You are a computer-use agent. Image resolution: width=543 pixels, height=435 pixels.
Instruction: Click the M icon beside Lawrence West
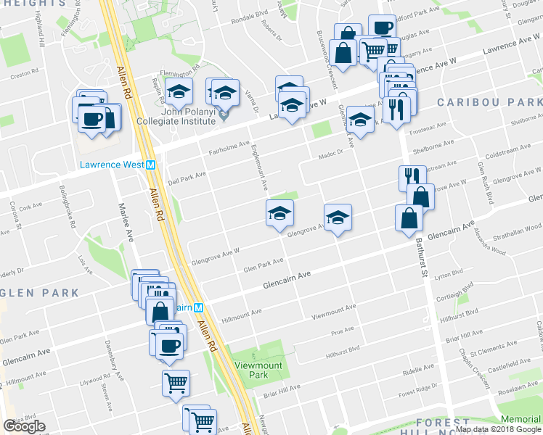click(151, 165)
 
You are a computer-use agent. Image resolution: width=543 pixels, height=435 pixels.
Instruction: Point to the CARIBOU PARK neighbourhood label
click(479, 102)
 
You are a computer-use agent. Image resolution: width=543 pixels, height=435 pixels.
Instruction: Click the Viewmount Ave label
click(333, 312)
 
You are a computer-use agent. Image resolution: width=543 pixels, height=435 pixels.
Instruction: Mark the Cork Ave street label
click(32, 206)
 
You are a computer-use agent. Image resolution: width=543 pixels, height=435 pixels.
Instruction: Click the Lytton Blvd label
click(448, 275)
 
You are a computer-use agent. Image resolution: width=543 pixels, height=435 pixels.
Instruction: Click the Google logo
click(25, 426)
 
